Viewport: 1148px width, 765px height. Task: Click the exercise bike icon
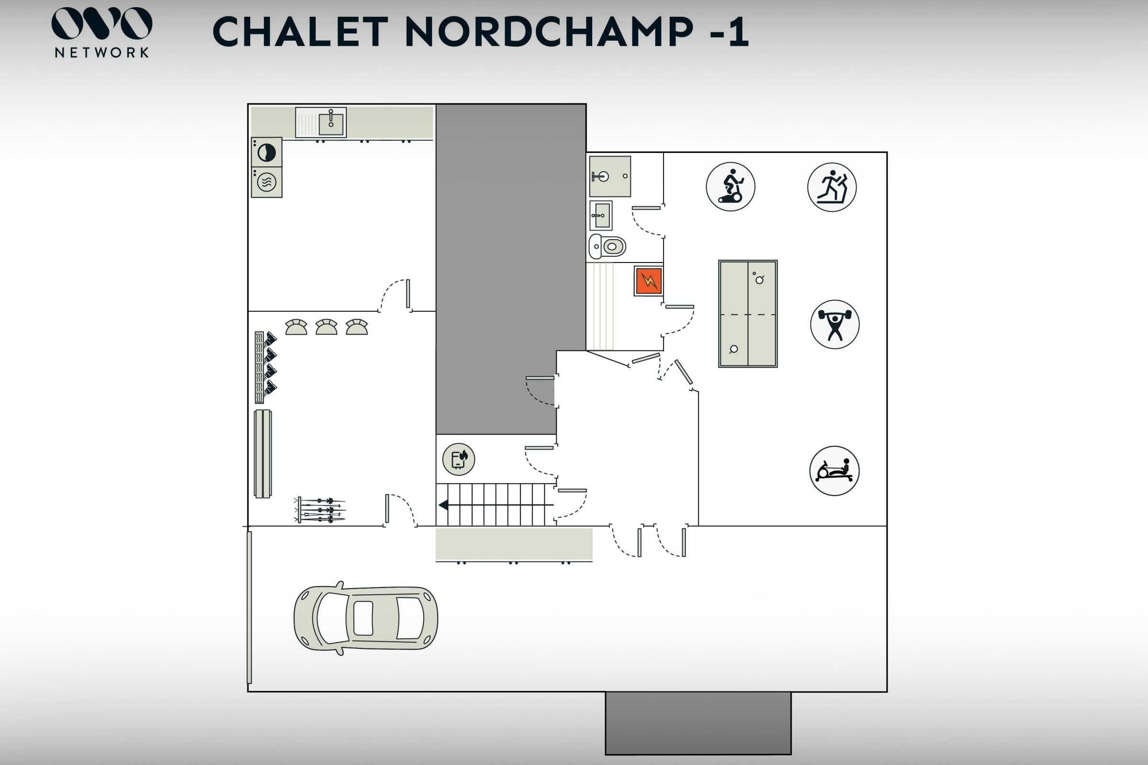[x=730, y=187]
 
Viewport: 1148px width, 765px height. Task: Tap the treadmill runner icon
[x=832, y=187]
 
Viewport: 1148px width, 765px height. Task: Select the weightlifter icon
[x=835, y=325]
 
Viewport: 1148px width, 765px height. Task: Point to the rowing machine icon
[x=834, y=471]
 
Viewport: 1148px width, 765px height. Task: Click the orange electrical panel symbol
[x=648, y=281]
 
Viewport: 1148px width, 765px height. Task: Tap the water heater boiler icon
[x=458, y=459]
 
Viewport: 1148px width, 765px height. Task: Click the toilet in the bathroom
[x=607, y=246]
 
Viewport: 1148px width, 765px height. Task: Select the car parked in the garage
[x=365, y=618]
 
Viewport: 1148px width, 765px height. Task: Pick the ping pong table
[x=748, y=314]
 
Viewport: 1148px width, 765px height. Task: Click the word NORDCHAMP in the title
[x=549, y=32]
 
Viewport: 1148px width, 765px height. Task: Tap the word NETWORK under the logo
[x=102, y=52]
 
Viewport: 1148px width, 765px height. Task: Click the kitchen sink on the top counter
[x=320, y=122]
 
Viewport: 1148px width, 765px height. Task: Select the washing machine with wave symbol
[x=266, y=183]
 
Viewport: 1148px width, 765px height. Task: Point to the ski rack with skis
[x=320, y=510]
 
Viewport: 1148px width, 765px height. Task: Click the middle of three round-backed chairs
[x=327, y=327]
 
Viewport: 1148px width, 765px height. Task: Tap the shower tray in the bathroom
[x=610, y=176]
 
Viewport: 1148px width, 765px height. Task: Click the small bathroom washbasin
[x=601, y=215]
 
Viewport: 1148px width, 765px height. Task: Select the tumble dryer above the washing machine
[x=266, y=152]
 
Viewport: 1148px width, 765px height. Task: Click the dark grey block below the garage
[x=698, y=723]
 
